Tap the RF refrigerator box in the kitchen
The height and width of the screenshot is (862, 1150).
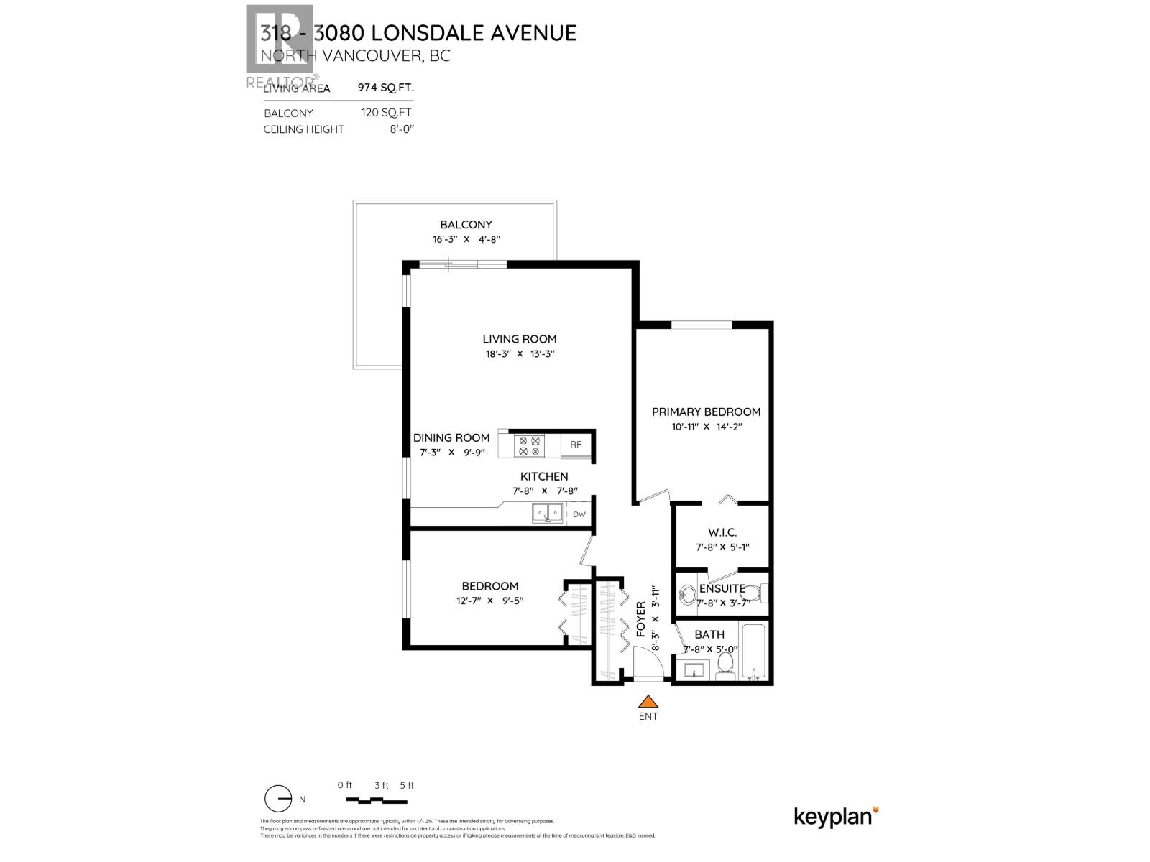click(x=576, y=445)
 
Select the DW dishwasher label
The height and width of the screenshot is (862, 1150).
click(x=579, y=514)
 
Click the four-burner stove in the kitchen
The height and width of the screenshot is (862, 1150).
click(x=529, y=446)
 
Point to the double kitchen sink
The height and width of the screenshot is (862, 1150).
click(x=548, y=514)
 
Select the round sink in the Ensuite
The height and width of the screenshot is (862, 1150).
click(x=689, y=594)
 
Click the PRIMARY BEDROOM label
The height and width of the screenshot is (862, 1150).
click(x=706, y=412)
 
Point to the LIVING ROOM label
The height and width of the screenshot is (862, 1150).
click(x=520, y=339)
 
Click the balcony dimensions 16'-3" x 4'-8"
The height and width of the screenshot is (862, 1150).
click(x=466, y=241)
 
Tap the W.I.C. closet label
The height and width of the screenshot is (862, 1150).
click(x=722, y=533)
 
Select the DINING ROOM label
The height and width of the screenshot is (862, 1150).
click(x=451, y=437)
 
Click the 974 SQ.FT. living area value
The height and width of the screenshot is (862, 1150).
click(x=386, y=88)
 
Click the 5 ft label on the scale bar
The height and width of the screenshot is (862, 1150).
click(x=407, y=785)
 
